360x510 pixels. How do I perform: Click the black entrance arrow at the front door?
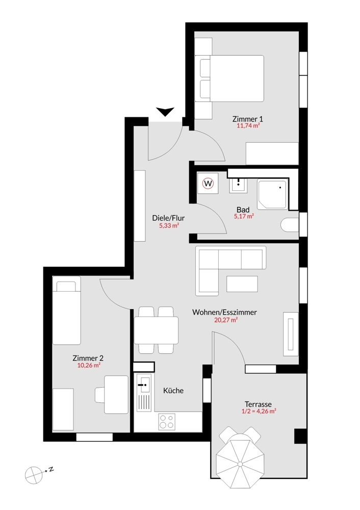(x=165, y=112)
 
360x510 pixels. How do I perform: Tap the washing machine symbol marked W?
(x=208, y=183)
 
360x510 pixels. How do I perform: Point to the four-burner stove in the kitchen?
(x=166, y=422)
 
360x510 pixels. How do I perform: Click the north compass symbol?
(x=34, y=474)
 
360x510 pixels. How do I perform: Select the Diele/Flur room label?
(x=168, y=218)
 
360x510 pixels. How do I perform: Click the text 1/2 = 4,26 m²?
(x=259, y=411)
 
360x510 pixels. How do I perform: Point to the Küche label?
(x=173, y=391)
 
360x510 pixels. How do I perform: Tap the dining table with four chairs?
(x=156, y=330)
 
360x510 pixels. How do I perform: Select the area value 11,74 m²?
(x=248, y=126)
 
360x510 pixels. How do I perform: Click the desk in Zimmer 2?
(x=116, y=394)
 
